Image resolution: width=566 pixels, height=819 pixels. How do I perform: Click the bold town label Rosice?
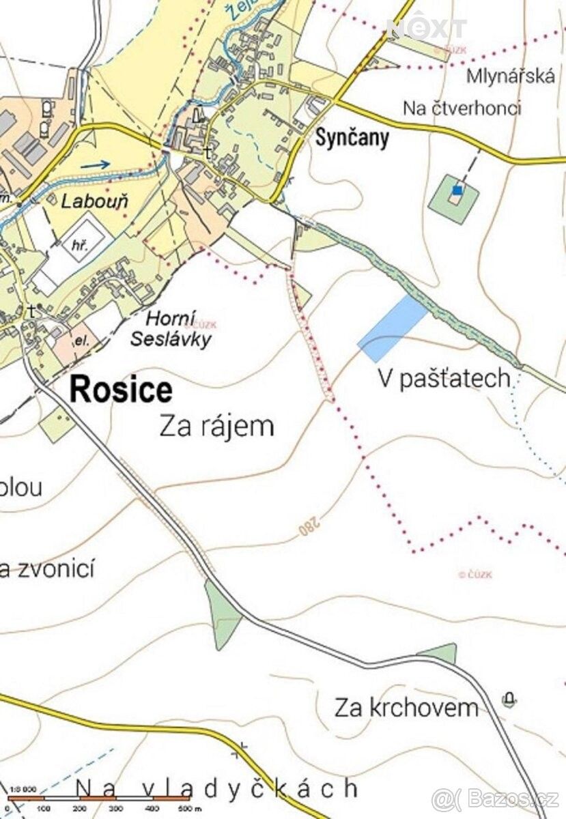pyautogui.click(x=121, y=390)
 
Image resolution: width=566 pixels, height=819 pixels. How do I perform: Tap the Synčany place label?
pyautogui.click(x=352, y=138)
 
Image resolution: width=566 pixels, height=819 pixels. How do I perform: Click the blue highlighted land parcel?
pyautogui.click(x=393, y=328)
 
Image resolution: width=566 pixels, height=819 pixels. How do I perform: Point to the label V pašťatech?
pyautogui.click(x=444, y=378)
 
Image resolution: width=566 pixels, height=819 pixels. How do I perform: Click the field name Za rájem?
pyautogui.click(x=216, y=427)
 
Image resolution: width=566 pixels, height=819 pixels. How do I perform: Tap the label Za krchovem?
pyautogui.click(x=406, y=708)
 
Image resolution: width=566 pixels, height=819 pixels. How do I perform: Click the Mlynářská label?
pyautogui.click(x=510, y=76)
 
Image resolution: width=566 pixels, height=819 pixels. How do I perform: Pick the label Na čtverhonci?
pyautogui.click(x=462, y=108)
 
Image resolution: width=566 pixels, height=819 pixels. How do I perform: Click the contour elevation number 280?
pyautogui.click(x=309, y=526)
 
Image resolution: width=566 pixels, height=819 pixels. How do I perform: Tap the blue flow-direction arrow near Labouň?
pyautogui.click(x=98, y=164)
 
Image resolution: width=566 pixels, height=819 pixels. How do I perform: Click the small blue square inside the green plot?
pyautogui.click(x=457, y=190)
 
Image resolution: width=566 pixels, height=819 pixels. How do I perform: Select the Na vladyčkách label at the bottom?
pyautogui.click(x=216, y=789)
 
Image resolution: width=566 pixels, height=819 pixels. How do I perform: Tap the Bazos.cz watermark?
pyautogui.click(x=496, y=797)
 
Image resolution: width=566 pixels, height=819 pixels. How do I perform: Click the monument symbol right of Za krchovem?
pyautogui.click(x=509, y=699)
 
